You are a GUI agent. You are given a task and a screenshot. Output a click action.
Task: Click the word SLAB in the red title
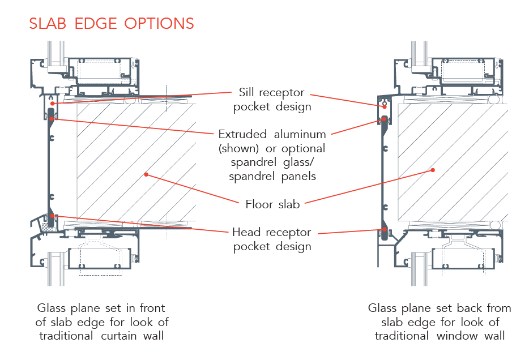pyautogui.click(x=50, y=23)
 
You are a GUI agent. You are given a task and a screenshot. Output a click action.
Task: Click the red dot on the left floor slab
pyautogui.click(x=146, y=174)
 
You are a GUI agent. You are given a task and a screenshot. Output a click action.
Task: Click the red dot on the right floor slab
pyautogui.click(x=433, y=169)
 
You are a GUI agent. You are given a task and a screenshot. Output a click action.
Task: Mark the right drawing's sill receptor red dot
pyautogui.click(x=384, y=106)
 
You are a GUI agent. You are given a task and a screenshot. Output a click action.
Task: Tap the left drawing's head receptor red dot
pyautogui.click(x=52, y=215)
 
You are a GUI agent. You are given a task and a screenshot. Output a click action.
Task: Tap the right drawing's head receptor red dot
pyautogui.click(x=385, y=229)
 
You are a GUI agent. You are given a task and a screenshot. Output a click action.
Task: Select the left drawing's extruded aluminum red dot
pyautogui.click(x=52, y=118)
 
